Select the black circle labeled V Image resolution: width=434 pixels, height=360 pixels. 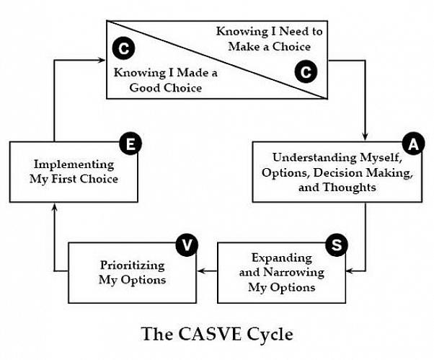click(x=186, y=245)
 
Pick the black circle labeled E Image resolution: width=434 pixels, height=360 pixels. click(x=130, y=144)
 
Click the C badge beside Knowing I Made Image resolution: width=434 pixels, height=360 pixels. click(x=123, y=49)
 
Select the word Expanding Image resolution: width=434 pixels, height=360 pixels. click(x=282, y=258)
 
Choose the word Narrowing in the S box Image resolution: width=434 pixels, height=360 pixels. click(x=295, y=272)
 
